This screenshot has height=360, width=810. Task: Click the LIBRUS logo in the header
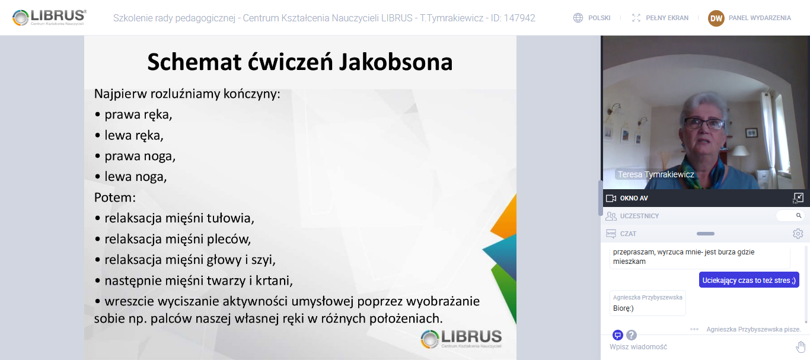pyautogui.click(x=49, y=17)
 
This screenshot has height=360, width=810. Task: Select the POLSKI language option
pyautogui.click(x=599, y=18)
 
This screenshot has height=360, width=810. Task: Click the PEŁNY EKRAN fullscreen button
pyautogui.click(x=667, y=18)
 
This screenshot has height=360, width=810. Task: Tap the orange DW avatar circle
pyautogui.click(x=716, y=18)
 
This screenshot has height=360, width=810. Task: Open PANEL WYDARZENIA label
pyautogui.click(x=760, y=18)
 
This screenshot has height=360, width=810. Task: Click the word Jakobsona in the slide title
pyautogui.click(x=396, y=62)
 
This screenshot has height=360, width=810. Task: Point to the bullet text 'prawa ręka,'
pyautogui.click(x=138, y=114)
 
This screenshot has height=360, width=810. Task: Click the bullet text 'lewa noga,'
pyautogui.click(x=136, y=177)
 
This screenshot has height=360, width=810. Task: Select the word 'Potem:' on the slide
pyautogui.click(x=115, y=197)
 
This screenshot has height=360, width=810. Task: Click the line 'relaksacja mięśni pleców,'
pyautogui.click(x=177, y=239)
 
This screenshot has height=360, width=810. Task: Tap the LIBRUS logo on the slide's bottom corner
pyautogui.click(x=461, y=339)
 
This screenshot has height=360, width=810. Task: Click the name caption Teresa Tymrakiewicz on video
pyautogui.click(x=656, y=174)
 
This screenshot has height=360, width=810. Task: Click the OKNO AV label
pyautogui.click(x=634, y=198)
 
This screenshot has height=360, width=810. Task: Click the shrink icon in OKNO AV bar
pyautogui.click(x=798, y=198)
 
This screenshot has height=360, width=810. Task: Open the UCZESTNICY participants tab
pyautogui.click(x=639, y=216)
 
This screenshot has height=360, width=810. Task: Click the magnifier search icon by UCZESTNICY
pyautogui.click(x=799, y=216)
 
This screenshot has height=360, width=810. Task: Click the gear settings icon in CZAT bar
pyautogui.click(x=798, y=234)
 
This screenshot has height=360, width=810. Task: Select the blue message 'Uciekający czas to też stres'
pyautogui.click(x=749, y=280)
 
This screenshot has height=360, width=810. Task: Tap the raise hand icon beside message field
pyautogui.click(x=801, y=346)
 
